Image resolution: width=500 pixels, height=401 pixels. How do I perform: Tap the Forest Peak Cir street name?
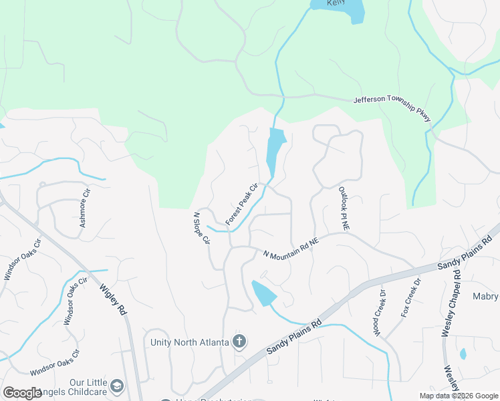(x=242, y=205)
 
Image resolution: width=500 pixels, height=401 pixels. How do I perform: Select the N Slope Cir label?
(x=201, y=229)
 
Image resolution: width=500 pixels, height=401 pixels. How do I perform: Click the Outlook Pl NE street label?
(x=344, y=209)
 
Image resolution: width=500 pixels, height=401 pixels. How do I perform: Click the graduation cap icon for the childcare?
(x=117, y=386)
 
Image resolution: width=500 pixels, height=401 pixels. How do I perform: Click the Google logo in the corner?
(x=22, y=393)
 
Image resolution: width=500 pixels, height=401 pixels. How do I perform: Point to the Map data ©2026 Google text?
(x=458, y=396)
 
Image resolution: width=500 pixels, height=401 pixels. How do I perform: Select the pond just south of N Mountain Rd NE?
(x=263, y=293)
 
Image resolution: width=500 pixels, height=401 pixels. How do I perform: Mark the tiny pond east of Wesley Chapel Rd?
(x=463, y=354)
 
